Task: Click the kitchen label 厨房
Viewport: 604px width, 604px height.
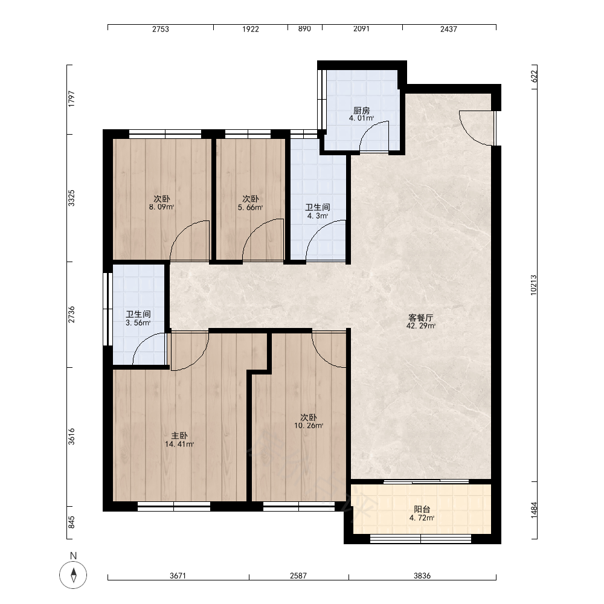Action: [x=361, y=111]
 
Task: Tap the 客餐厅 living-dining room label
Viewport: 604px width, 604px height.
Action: [x=420, y=318]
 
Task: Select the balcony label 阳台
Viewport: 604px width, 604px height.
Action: [x=422, y=510]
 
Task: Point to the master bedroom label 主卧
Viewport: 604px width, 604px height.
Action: [x=179, y=435]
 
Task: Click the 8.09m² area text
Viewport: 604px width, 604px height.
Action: [x=162, y=207]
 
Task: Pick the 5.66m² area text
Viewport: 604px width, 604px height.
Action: [x=251, y=207]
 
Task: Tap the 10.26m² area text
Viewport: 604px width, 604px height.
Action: [x=309, y=426]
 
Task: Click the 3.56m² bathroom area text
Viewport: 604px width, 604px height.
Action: [x=138, y=323]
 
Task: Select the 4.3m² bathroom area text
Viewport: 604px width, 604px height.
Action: [x=318, y=216]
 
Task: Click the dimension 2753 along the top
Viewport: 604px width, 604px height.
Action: [x=160, y=29]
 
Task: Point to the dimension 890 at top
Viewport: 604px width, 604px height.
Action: [x=304, y=29]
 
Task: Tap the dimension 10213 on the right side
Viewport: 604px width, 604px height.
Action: [x=533, y=285]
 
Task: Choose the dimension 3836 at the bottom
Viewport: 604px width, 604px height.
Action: [x=422, y=576]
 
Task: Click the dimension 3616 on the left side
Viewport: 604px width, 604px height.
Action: [x=72, y=437]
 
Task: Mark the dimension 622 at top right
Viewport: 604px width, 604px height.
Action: [x=534, y=76]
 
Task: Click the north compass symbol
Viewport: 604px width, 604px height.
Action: [x=73, y=575]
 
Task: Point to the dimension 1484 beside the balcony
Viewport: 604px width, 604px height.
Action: [x=533, y=510]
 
